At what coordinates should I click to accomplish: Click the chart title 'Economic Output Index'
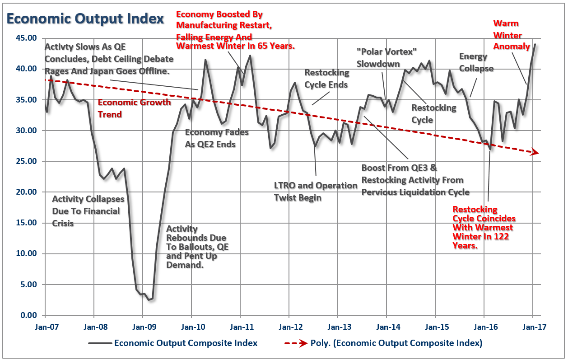(85, 19)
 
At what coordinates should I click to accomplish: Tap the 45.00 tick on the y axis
(25, 38)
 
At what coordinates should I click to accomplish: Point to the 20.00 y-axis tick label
(25, 192)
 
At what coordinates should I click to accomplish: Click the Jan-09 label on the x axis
(143, 325)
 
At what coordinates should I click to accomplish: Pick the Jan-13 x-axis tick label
(338, 325)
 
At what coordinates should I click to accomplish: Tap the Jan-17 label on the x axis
(533, 325)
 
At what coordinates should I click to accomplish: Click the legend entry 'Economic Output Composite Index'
(186, 343)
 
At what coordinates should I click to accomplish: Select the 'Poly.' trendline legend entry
(396, 343)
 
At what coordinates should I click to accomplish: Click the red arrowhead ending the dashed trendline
(535, 152)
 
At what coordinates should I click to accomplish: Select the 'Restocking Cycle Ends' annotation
(326, 79)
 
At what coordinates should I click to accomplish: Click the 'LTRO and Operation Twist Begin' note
(315, 192)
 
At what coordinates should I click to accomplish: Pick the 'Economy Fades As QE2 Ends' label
(217, 138)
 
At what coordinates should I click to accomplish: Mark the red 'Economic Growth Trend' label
(134, 108)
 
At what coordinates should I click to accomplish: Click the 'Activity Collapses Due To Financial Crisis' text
(86, 211)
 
